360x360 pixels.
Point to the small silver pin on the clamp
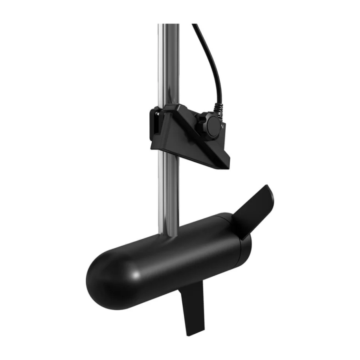[157, 114]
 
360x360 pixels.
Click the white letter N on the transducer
[223, 127]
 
